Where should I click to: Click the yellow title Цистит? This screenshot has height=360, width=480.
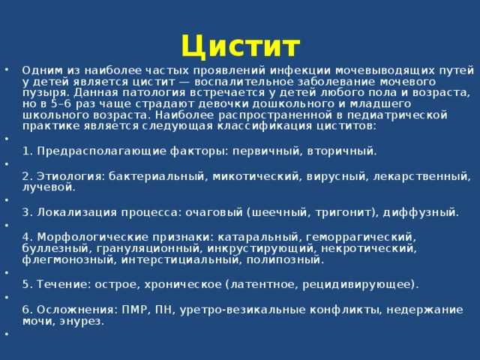tap(240, 46)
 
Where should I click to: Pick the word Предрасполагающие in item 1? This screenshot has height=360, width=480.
tap(101, 151)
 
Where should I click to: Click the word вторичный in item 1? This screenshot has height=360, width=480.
tap(341, 151)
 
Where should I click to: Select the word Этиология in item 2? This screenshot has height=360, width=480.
tap(71, 176)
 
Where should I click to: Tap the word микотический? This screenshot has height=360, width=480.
tap(255, 176)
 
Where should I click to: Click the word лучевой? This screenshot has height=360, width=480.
tap(49, 187)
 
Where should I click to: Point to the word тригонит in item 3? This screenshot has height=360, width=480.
tap(346, 212)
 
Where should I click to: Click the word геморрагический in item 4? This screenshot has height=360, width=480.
tap(361, 237)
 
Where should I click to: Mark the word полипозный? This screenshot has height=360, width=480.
tap(285, 260)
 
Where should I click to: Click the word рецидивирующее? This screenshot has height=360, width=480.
tap(358, 284)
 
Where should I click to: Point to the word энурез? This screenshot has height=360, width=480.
tap(82, 321)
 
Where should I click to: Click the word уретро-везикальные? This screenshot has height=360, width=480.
tap(242, 310)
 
